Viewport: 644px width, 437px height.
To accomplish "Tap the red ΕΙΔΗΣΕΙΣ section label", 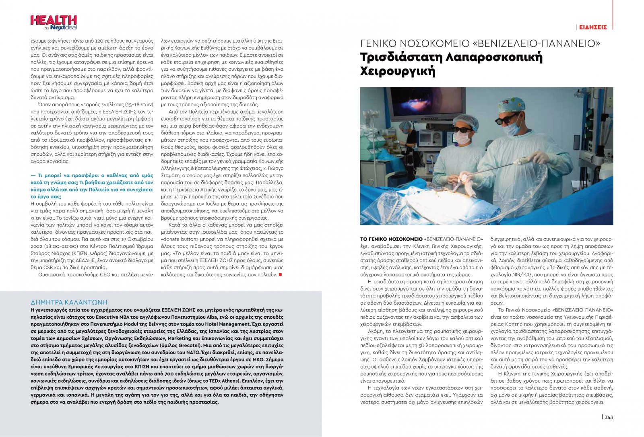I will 593,27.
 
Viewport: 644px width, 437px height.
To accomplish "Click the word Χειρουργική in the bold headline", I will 398,72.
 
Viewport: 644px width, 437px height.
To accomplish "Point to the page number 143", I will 609,417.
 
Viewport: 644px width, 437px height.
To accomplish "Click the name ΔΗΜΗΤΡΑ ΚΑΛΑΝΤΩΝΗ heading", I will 69,302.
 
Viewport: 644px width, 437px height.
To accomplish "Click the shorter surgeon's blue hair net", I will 466,121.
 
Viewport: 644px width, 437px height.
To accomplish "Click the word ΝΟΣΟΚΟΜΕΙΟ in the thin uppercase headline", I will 431,43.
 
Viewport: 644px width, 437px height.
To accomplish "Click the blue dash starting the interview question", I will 33,175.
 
